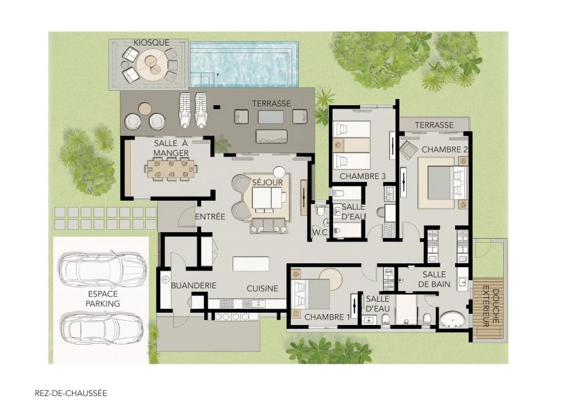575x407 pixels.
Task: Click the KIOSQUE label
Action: (x=151, y=42)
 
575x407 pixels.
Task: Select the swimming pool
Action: (x=244, y=64)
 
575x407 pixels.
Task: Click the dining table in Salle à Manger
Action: (x=170, y=169)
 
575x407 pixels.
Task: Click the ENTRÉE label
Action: (x=210, y=216)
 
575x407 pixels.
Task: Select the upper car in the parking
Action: (x=102, y=269)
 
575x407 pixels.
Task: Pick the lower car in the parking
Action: (x=102, y=329)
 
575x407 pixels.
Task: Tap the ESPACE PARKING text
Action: (x=103, y=299)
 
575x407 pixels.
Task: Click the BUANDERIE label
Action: (x=193, y=286)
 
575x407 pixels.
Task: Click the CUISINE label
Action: (x=262, y=288)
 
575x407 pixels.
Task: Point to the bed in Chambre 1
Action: (x=313, y=294)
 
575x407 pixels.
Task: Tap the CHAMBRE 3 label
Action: (x=362, y=176)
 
